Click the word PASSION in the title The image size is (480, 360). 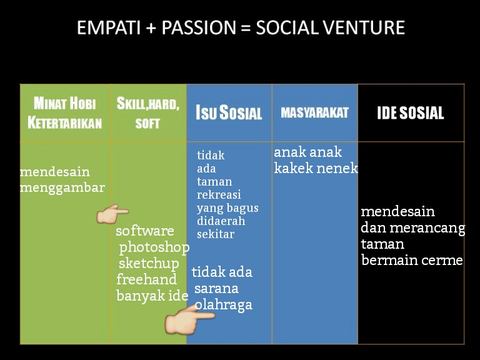tap(199, 27)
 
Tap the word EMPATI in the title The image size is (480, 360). tap(109, 27)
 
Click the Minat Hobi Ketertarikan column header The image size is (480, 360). tap(65, 112)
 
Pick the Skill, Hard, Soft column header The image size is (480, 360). tap(148, 112)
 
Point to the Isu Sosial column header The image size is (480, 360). tap(229, 112)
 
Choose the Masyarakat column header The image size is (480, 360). tap(315, 112)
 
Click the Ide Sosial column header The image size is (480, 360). tap(411, 113)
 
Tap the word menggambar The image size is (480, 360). tap(62, 188)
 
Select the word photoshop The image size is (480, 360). tap(154, 247)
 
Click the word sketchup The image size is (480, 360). tap(149, 264)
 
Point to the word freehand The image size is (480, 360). tap(147, 279)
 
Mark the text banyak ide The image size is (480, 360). tap(152, 296)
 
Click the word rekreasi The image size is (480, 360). tap(219, 195)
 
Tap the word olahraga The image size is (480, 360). tap(224, 305)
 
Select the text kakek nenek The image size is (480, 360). tap(316, 167)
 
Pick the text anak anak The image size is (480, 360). tap(307, 152)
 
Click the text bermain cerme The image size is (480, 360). tap(412, 260)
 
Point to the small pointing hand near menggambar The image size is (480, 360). tap(112, 214)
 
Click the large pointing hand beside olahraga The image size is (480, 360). tap(190, 319)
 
